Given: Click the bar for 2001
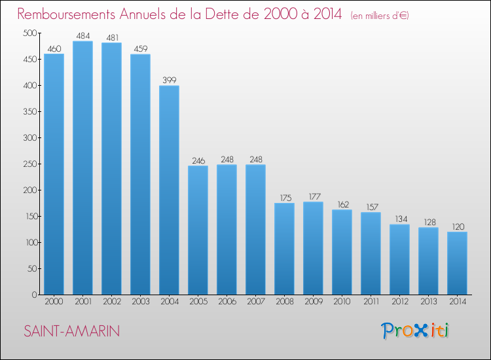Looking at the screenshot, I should click(x=82, y=168).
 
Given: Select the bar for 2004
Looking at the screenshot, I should click(x=169, y=190).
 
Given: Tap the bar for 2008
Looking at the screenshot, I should click(x=284, y=249).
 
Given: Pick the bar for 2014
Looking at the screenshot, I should click(x=457, y=263).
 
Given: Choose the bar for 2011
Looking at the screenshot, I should click(x=371, y=253).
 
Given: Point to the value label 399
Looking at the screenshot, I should click(x=169, y=81).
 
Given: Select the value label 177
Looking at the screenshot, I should click(x=313, y=196).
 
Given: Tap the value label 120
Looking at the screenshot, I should click(x=457, y=226).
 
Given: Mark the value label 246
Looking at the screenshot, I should click(x=198, y=160).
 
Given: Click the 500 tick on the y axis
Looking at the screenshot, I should click(x=27, y=33).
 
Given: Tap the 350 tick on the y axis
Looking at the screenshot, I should click(x=27, y=112).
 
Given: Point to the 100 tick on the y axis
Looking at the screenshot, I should click(x=27, y=243).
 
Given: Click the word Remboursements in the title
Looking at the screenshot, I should click(x=69, y=14).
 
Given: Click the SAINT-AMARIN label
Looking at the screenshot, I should click(x=72, y=331).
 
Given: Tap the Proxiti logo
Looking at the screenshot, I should click(x=414, y=331).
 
